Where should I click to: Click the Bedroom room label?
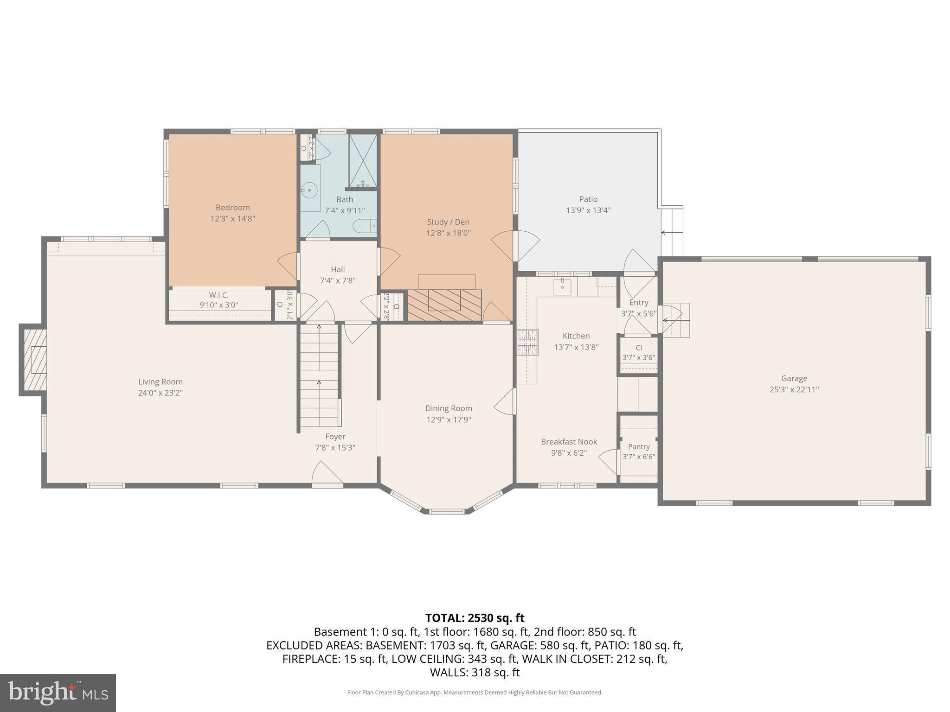pos(232,208)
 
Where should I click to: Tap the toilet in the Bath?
pos(364,226)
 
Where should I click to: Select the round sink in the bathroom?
pos(309,189)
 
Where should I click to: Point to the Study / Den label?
pos(448,222)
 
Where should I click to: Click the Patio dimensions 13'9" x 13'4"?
pos(588,210)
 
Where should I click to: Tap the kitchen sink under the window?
pos(562,287)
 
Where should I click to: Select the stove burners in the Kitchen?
pos(528,342)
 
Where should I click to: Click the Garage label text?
pos(794,379)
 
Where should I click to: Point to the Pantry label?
pos(639,447)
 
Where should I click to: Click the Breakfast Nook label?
pos(569,442)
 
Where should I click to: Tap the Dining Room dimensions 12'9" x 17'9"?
pos(449,420)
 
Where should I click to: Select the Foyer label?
pos(335,437)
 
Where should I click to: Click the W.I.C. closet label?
pos(218,295)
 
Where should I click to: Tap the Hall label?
pos(338,269)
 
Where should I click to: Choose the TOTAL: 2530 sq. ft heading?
pos(475,618)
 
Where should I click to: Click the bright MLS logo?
pos(58,693)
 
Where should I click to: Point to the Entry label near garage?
pos(639,303)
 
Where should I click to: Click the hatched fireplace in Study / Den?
pos(444,305)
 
